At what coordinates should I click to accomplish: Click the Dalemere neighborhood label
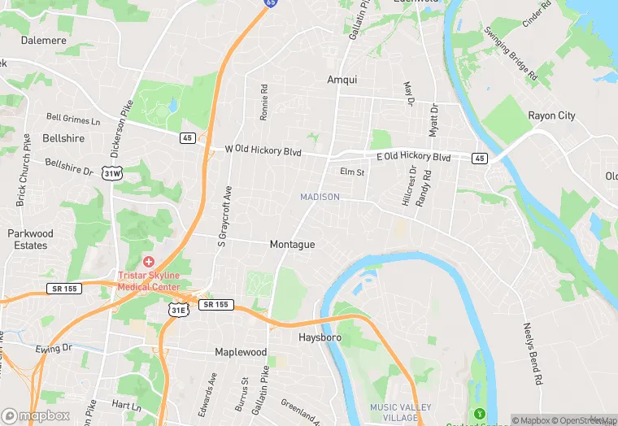click(x=43, y=39)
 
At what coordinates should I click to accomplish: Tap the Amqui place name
click(x=342, y=80)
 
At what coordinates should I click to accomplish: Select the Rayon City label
click(x=551, y=115)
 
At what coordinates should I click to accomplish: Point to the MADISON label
click(x=320, y=197)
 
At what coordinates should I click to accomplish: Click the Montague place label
click(x=292, y=244)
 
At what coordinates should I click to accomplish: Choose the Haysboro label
click(x=320, y=337)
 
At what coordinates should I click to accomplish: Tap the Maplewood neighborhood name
click(x=241, y=352)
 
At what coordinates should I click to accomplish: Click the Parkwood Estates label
click(x=30, y=239)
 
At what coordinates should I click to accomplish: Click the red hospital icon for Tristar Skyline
click(x=149, y=262)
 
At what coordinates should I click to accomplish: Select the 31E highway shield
click(x=178, y=310)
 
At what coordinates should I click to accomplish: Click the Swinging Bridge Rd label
click(x=511, y=53)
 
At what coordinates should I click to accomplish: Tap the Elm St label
click(x=352, y=172)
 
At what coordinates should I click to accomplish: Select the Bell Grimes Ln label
click(x=73, y=120)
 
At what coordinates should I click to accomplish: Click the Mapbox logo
click(x=35, y=415)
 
